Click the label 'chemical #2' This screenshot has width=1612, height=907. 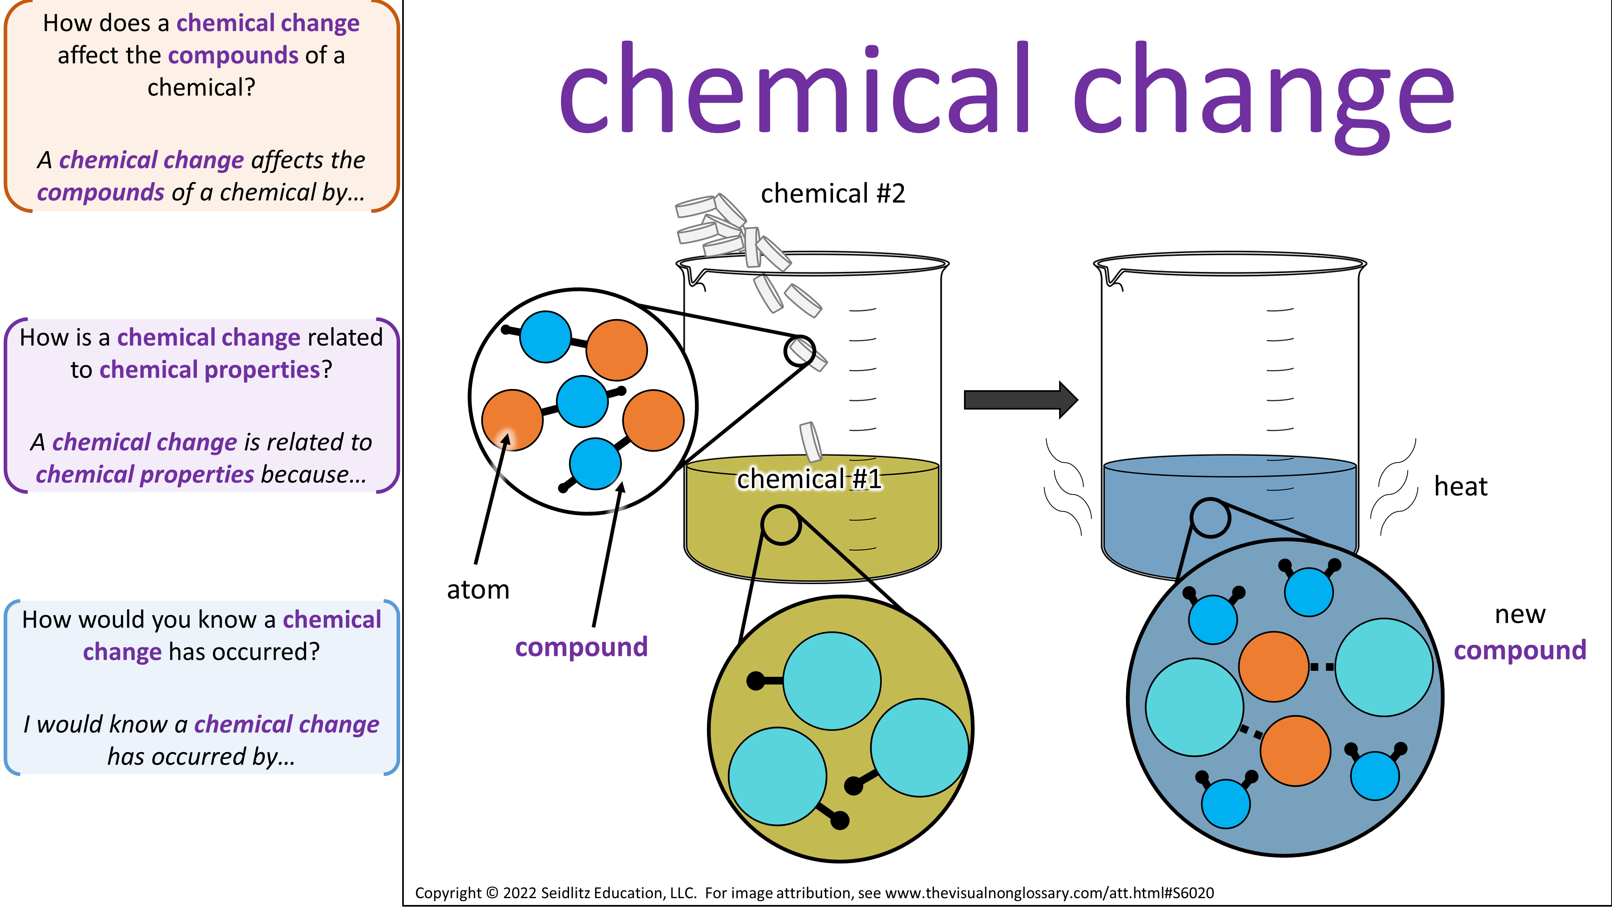click(x=833, y=194)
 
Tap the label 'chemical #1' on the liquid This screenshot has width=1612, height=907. click(x=809, y=479)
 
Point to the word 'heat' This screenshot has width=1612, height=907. click(x=1460, y=487)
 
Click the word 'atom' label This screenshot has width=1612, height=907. click(x=478, y=590)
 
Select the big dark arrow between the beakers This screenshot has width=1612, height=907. click(x=1021, y=399)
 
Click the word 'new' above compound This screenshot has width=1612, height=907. click(x=1520, y=615)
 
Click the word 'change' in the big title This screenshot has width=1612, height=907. click(x=1263, y=97)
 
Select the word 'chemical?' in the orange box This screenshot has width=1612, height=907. click(x=201, y=87)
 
